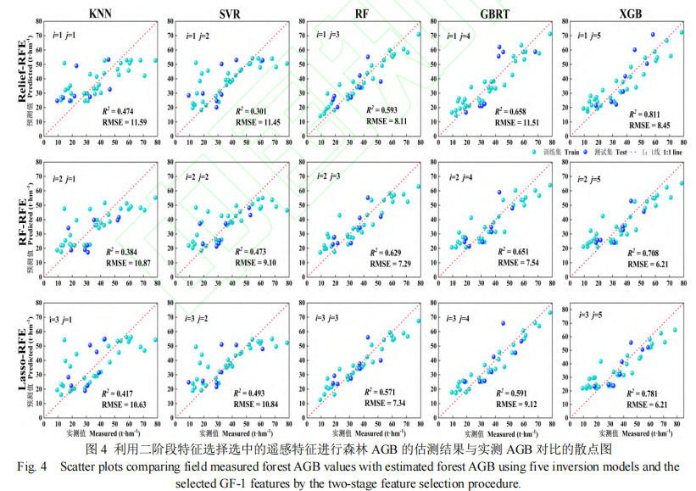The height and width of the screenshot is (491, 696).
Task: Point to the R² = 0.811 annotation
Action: [x=650, y=111]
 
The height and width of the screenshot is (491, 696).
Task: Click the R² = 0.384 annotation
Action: [x=123, y=252]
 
